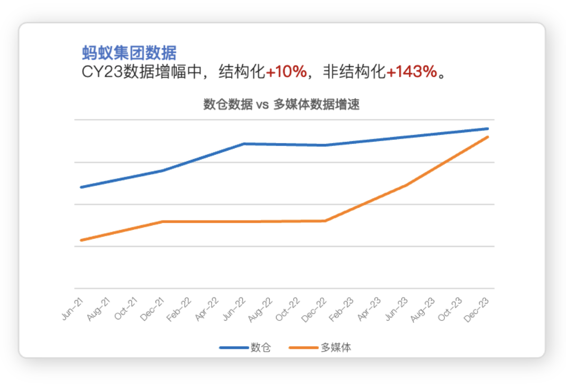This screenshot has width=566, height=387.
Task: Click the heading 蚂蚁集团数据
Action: tap(129, 53)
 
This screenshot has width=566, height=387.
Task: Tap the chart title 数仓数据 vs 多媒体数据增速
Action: tap(281, 104)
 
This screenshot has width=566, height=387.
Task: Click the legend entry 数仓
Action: tap(260, 347)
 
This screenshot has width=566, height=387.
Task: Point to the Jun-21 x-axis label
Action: tap(72, 308)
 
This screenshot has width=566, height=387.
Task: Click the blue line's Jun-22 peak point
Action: tap(243, 143)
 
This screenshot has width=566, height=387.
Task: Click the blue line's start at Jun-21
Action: tap(80, 187)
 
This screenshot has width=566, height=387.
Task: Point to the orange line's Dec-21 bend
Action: tap(162, 221)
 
